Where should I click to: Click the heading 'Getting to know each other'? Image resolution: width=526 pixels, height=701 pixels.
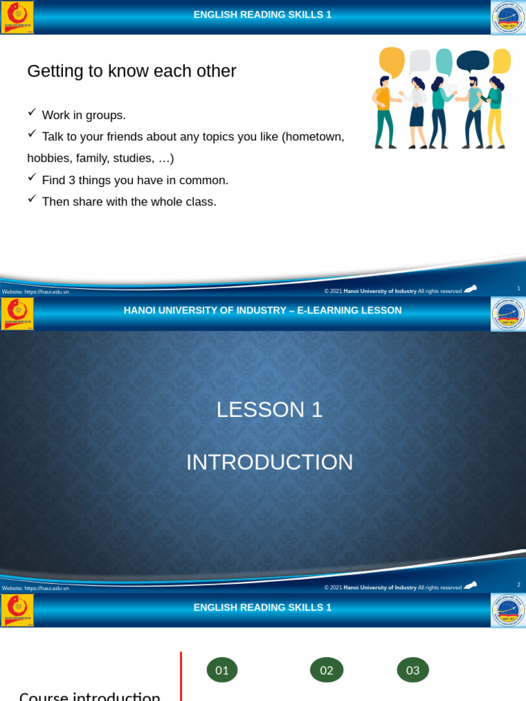[x=131, y=71]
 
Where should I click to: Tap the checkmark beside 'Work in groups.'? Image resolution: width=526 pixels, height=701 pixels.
[x=32, y=112]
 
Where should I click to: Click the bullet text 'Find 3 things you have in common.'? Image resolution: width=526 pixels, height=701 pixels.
[x=135, y=180]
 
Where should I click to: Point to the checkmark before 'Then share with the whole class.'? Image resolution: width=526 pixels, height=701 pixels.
[x=32, y=199]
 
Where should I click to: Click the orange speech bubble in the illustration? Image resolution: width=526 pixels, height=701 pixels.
[x=391, y=61]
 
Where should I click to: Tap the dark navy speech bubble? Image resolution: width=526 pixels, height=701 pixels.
[x=473, y=62]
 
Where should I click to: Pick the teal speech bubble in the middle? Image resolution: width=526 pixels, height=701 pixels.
[x=444, y=60]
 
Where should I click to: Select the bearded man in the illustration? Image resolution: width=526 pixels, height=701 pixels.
[x=473, y=113]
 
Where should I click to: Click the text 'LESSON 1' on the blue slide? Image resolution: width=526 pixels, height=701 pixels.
[x=269, y=409]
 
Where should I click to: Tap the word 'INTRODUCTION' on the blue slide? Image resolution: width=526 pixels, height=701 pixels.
[x=269, y=462]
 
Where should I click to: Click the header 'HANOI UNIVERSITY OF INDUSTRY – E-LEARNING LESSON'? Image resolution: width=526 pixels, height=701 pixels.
[x=262, y=311]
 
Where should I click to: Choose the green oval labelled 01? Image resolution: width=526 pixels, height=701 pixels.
[x=222, y=670]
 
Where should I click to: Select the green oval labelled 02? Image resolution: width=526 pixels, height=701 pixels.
[x=327, y=670]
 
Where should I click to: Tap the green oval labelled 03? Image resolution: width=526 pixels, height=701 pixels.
[x=413, y=670]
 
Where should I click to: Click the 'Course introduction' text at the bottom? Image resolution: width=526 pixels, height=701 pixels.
[x=90, y=695]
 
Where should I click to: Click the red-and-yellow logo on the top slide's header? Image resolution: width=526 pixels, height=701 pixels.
[x=17, y=17]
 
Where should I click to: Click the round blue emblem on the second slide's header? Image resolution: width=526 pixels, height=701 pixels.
[x=508, y=314]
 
